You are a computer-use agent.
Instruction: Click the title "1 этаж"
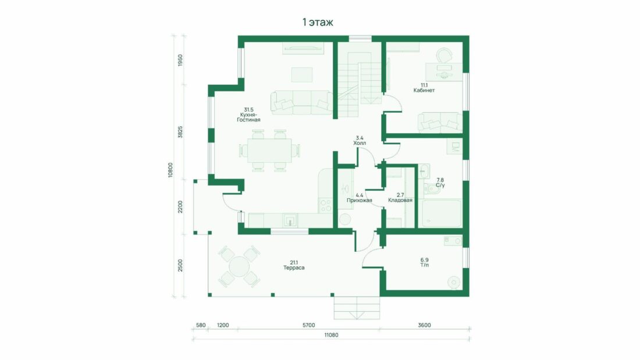click(318, 23)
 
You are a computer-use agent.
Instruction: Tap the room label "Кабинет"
click(424, 90)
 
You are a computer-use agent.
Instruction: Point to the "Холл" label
click(360, 143)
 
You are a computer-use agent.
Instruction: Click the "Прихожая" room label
click(359, 201)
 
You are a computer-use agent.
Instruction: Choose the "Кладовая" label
click(400, 201)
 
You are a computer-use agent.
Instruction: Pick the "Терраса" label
click(294, 268)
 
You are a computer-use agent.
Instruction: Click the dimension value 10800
click(170, 170)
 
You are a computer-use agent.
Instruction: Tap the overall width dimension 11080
click(331, 335)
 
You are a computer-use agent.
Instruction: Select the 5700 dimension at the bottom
click(308, 325)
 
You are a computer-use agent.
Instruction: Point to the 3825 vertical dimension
click(180, 132)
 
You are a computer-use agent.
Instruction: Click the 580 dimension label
click(201, 325)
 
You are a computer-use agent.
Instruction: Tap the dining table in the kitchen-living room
click(269, 151)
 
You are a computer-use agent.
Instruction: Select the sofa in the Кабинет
click(440, 122)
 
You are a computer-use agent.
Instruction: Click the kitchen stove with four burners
click(326, 205)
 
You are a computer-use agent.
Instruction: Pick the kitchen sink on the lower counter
click(290, 220)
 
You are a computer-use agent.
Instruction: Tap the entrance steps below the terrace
click(357, 308)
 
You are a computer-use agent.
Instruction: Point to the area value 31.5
click(248, 109)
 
